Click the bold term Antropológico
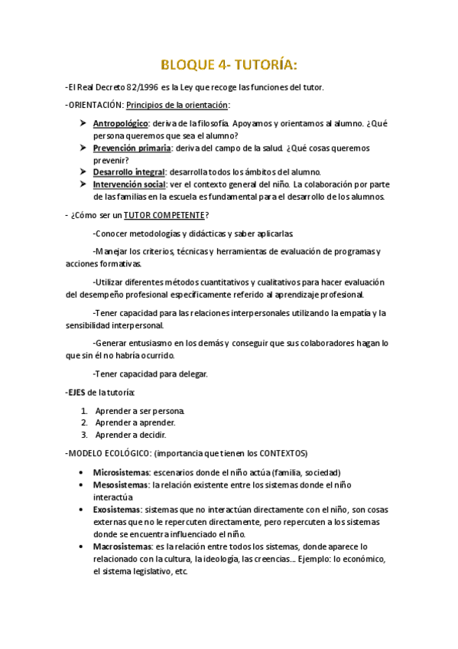(x=121, y=123)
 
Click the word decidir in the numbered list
(x=151, y=435)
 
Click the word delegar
(x=192, y=374)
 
